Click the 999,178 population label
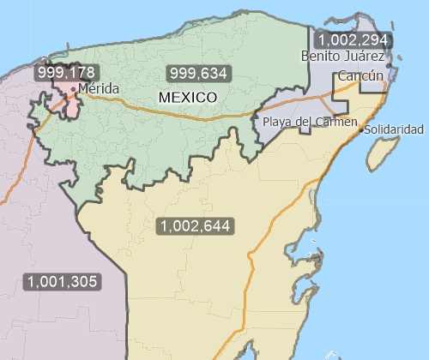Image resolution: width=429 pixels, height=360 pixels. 64,72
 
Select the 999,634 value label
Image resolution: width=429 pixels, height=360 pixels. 198,73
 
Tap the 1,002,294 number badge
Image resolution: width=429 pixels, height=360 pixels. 353,40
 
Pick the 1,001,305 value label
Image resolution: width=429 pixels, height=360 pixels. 63,281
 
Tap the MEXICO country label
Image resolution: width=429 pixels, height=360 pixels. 187,98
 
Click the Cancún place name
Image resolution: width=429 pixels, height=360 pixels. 360,76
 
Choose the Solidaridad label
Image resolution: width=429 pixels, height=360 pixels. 394,129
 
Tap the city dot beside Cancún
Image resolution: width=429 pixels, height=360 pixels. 388,66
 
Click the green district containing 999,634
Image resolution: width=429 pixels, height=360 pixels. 154,129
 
